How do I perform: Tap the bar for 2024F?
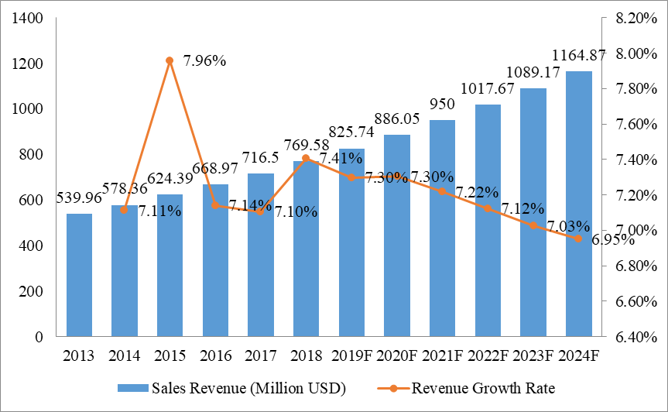578,204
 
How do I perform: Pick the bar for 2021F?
442,228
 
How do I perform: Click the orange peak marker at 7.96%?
170,60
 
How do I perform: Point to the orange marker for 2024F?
578,239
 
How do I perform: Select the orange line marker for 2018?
306,158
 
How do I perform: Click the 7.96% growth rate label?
204,60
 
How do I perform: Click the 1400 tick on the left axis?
27,18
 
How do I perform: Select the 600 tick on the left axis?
33,200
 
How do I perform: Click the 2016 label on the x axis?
215,357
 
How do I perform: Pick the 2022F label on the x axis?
488,357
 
